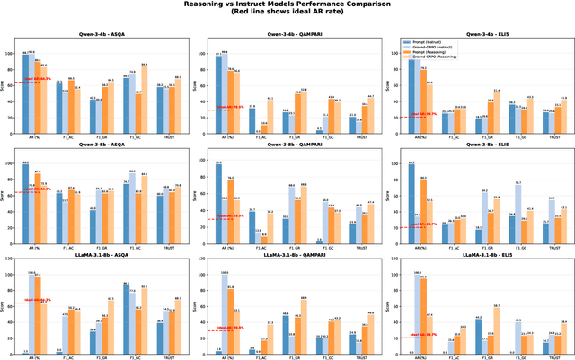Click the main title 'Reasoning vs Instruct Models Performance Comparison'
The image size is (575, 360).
tap(287, 5)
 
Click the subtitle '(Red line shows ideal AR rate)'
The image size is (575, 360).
tap(287, 15)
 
